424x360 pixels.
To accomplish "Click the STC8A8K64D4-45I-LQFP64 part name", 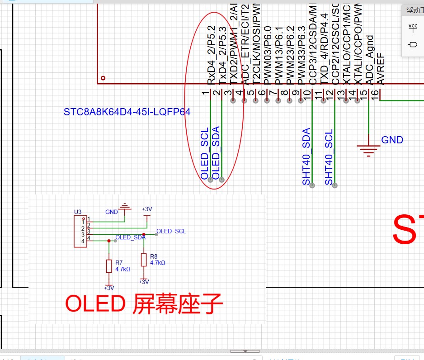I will tap(127, 112).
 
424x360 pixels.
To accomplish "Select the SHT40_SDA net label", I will tap(306, 156).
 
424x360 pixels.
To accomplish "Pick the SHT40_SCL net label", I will tap(329, 156).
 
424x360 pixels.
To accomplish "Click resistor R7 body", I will tap(108, 266).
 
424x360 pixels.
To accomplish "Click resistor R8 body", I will tap(143, 260).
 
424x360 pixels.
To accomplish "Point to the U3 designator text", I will tap(77, 212).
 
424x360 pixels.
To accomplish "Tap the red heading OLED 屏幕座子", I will tap(144, 304).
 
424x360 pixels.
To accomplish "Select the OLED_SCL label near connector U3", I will tap(171, 231).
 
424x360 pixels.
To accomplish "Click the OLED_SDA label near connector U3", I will tap(130, 237).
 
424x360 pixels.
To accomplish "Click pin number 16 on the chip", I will tap(374, 94).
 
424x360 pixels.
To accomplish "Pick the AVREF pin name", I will tap(381, 72).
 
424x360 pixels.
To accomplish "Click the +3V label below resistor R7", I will tap(108, 288).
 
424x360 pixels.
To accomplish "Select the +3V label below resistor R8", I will tap(143, 282).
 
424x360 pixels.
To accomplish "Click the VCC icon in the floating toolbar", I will tap(413, 28).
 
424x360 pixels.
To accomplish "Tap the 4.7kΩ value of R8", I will tap(158, 263).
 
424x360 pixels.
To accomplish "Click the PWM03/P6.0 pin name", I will tap(267, 55).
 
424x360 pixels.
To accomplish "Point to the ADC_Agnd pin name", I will tap(369, 60).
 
